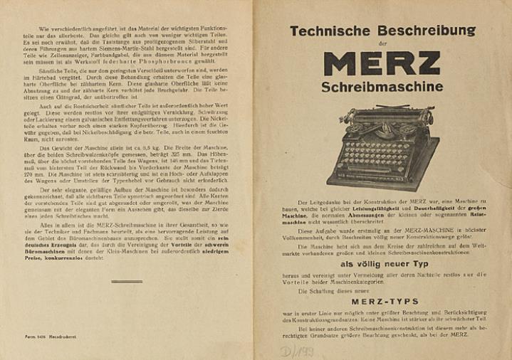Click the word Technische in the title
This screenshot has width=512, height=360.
(x=330, y=31)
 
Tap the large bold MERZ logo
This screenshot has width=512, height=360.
(x=382, y=63)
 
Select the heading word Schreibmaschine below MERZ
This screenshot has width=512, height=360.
(x=382, y=88)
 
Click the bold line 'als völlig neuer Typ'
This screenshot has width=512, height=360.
(x=382, y=263)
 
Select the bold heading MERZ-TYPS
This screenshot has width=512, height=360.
(x=385, y=301)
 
